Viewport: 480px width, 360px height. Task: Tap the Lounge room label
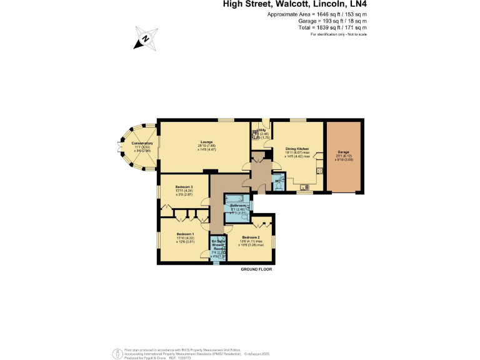click(207, 141)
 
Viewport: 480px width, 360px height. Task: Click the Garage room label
click(343, 151)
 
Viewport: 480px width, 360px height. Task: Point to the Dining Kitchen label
click(297, 148)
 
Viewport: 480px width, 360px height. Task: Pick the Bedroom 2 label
click(251, 237)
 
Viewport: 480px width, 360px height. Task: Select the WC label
click(277, 181)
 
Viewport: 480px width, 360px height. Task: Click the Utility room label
click(261, 131)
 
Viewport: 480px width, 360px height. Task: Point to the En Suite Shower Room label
click(218, 244)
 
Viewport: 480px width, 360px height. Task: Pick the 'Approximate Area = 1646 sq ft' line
click(317, 14)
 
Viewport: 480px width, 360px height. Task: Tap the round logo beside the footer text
click(117, 353)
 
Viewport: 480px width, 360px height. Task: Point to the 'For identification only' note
click(339, 34)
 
